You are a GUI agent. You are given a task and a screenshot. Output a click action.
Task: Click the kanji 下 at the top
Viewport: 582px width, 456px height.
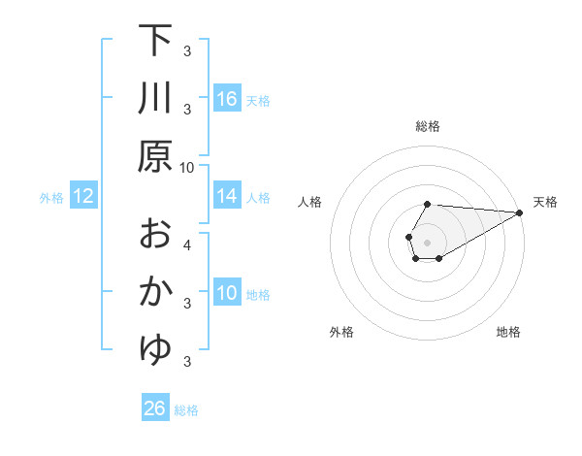(x=155, y=41)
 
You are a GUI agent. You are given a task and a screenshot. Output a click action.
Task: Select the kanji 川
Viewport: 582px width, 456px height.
(x=155, y=97)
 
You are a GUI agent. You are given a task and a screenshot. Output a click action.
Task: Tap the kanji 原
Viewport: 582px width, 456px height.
(x=155, y=155)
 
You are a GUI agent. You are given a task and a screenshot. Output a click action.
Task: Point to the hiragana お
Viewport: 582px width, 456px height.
(x=155, y=233)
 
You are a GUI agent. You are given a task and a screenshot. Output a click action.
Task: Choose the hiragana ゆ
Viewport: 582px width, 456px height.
(x=155, y=349)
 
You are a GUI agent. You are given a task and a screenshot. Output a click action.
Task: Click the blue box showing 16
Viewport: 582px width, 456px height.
(x=227, y=99)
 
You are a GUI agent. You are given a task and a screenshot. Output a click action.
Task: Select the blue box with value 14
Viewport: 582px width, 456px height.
(x=227, y=196)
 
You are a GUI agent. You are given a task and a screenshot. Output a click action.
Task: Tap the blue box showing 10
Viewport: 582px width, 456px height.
(x=227, y=293)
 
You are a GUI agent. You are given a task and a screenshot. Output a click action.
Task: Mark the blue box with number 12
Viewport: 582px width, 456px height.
(x=82, y=196)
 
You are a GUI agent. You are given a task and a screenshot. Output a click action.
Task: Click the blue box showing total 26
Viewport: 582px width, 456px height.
(x=155, y=408)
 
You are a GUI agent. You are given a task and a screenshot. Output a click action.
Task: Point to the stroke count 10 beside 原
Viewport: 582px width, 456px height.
(x=186, y=167)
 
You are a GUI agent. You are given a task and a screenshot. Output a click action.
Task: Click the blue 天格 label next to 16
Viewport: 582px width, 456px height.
(x=258, y=100)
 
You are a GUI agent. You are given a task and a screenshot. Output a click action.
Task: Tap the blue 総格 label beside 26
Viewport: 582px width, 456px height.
(x=186, y=409)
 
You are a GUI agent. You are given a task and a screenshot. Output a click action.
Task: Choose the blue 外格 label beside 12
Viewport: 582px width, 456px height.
(x=51, y=197)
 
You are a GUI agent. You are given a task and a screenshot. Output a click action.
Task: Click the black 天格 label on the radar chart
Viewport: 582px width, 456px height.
(x=545, y=202)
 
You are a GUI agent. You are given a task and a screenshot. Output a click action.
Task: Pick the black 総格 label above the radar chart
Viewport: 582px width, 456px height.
(x=428, y=127)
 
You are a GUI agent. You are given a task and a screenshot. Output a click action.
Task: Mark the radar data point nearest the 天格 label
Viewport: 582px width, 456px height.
(x=520, y=212)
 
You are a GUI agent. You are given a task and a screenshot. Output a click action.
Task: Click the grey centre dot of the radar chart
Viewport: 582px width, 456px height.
(x=428, y=242)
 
